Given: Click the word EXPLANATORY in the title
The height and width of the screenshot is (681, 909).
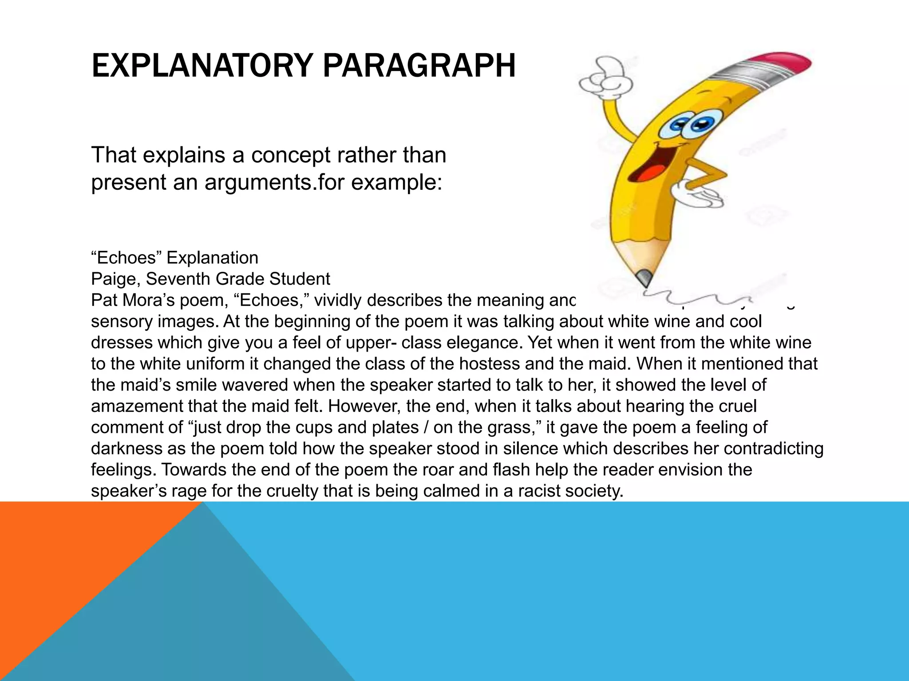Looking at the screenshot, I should [202, 66].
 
